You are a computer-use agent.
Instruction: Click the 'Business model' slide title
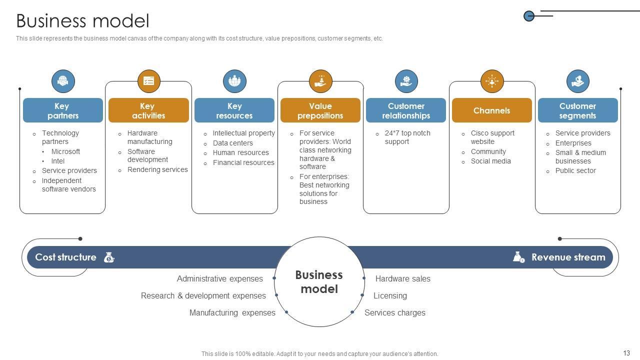point(82,21)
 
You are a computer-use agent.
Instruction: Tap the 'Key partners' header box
point(62,110)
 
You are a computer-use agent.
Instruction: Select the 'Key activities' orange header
point(148,110)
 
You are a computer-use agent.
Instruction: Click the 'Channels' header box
point(491,110)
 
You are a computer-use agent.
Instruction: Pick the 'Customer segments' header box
point(577,110)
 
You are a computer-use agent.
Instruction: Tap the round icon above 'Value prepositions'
point(320,81)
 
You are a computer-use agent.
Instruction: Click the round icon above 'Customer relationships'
point(406,81)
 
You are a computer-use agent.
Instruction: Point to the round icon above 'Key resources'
point(234,81)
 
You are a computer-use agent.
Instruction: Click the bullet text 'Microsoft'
point(65,151)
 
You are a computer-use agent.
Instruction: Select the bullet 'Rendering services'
point(157,169)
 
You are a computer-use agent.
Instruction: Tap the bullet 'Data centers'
point(233,143)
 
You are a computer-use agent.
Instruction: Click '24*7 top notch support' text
point(407,137)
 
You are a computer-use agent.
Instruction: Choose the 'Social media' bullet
point(490,161)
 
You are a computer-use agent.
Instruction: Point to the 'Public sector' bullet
point(575,170)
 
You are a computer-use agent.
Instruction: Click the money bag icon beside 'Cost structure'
point(109,257)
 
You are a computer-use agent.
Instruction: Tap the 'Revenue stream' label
point(568,257)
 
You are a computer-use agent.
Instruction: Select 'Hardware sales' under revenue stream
point(402,278)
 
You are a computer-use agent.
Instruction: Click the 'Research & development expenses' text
point(203,295)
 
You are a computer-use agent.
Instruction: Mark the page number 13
point(626,353)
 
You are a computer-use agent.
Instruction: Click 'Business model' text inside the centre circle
point(319,282)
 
